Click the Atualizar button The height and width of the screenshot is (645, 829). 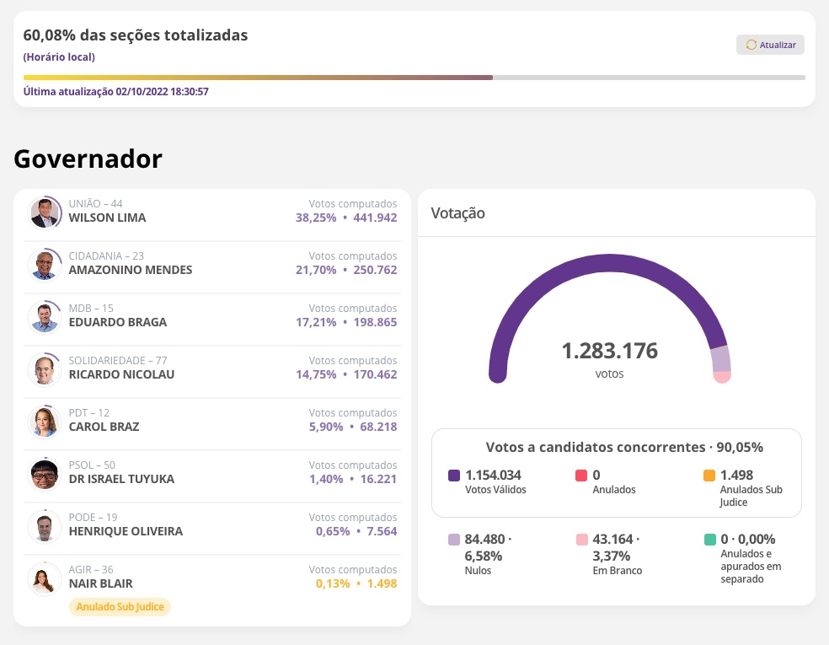770,45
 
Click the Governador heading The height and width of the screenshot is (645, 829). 88,159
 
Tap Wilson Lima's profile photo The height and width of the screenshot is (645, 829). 45,212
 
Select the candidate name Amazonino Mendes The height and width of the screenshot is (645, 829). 130,270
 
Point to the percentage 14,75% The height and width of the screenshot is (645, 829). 316,374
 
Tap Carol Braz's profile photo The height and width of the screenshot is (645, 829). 44,421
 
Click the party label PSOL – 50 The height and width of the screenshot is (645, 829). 92,465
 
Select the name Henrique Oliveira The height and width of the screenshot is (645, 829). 126,531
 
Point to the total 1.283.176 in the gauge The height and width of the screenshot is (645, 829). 609,351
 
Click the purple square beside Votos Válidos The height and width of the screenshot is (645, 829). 454,476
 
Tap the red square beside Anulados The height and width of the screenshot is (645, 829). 581,476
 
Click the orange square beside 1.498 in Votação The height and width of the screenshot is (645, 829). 709,476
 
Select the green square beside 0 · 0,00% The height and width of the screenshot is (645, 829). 709,540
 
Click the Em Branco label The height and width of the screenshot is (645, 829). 617,571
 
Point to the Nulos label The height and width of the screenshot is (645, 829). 478,571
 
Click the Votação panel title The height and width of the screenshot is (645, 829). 457,213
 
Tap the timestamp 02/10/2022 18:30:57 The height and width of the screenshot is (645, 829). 162,91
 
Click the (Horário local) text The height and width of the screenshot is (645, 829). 59,57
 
